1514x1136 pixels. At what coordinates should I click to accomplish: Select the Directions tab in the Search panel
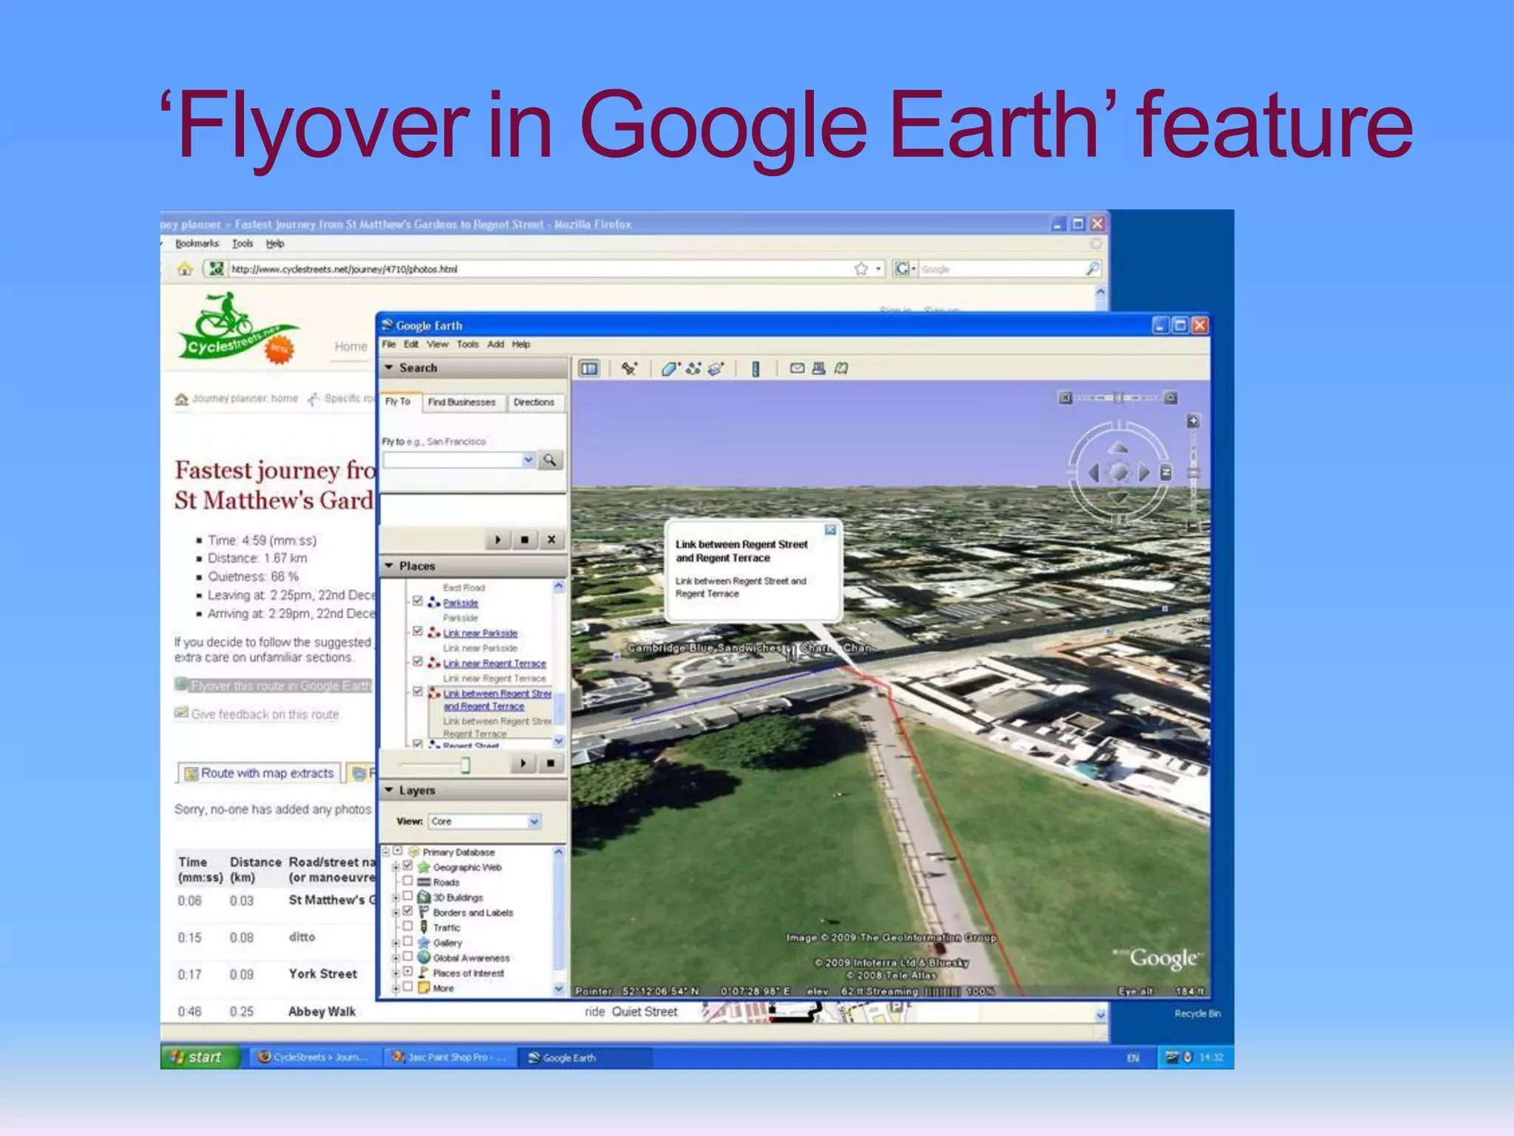534,402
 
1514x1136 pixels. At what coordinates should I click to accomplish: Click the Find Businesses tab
461,402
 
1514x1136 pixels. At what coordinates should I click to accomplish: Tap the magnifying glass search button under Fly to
550,460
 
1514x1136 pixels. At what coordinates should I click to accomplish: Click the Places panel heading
417,567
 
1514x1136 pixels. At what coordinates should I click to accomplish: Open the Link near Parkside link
480,633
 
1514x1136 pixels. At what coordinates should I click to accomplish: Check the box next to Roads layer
407,882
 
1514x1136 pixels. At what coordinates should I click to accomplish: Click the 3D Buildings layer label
458,898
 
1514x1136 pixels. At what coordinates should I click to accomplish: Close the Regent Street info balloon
831,530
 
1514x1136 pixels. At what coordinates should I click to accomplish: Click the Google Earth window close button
1200,325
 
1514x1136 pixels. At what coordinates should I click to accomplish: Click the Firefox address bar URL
344,269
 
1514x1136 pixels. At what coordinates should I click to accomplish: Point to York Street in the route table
322,974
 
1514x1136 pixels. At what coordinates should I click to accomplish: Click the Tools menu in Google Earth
467,345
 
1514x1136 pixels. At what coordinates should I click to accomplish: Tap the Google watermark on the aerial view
1162,958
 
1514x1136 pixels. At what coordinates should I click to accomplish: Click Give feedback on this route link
265,714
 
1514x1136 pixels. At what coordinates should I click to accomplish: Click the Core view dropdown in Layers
484,822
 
